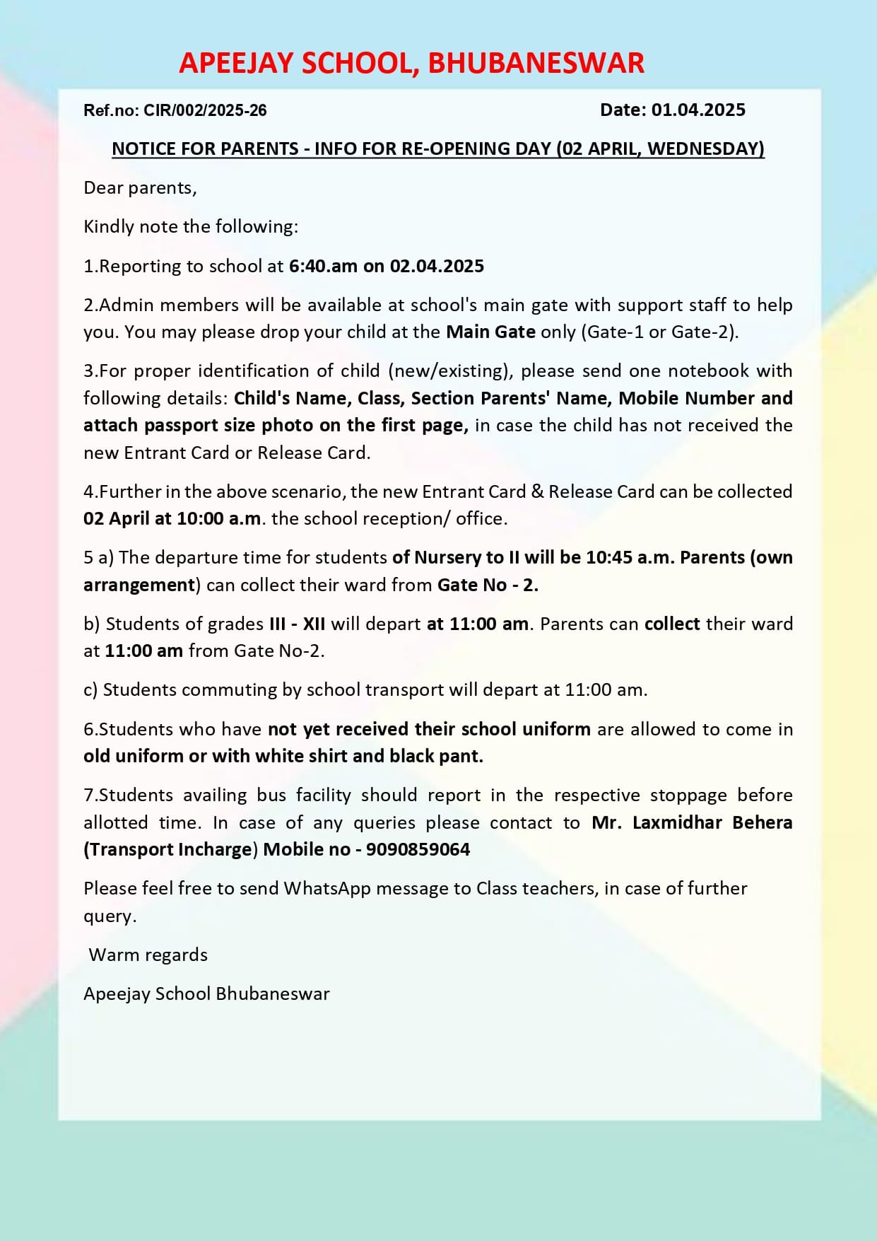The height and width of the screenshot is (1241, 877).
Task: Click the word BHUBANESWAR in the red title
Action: click(536, 64)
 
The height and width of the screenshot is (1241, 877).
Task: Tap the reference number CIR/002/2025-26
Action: click(205, 110)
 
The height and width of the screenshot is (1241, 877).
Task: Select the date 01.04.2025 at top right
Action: click(698, 110)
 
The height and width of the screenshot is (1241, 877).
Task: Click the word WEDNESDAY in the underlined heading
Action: click(705, 148)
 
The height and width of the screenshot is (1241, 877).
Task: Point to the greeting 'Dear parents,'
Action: click(140, 188)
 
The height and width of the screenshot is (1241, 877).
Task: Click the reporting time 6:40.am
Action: click(323, 267)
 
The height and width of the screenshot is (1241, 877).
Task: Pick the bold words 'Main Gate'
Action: click(490, 332)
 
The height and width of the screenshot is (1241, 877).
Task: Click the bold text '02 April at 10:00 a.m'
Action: click(172, 518)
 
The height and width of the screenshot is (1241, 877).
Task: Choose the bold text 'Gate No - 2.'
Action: click(488, 585)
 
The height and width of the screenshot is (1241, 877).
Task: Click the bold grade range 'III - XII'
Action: click(297, 624)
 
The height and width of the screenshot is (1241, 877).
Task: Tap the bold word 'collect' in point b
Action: click(672, 624)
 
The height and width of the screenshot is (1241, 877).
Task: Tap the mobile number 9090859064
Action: click(418, 849)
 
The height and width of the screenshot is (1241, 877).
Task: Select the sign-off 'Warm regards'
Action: click(148, 955)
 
